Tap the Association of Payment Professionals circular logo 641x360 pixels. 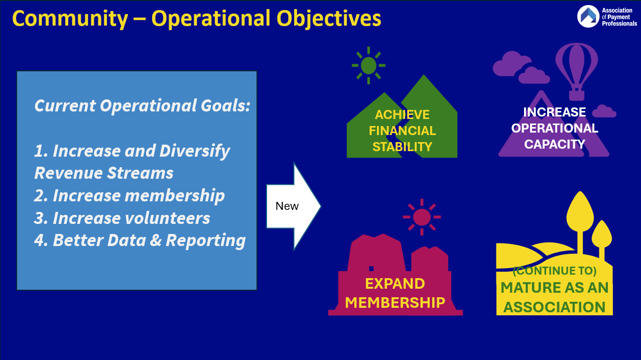(588, 17)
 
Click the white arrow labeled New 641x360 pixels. (294, 206)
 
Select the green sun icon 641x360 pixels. (368, 66)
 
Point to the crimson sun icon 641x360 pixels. (422, 217)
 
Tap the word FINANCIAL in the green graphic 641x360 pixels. (402, 131)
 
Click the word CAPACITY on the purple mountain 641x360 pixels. (555, 144)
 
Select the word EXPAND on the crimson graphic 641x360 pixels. (395, 284)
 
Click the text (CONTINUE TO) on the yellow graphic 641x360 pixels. (555, 271)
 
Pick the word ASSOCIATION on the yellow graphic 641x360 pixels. (554, 307)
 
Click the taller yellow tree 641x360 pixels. (580, 223)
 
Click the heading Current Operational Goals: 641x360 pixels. (142, 105)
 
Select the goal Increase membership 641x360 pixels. (130, 196)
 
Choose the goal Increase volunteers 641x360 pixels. (122, 218)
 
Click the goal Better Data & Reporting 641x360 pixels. (140, 241)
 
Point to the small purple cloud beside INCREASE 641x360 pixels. (604, 111)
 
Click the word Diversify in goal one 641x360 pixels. (195, 151)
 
